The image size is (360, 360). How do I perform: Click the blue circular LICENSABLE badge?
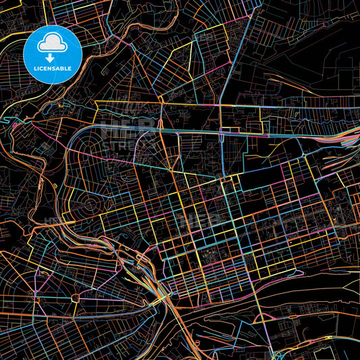pyautogui.click(x=53, y=54)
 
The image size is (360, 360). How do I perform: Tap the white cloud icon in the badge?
pyautogui.click(x=53, y=45)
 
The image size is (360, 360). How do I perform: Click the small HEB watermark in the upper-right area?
pyautogui.click(x=203, y=37)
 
